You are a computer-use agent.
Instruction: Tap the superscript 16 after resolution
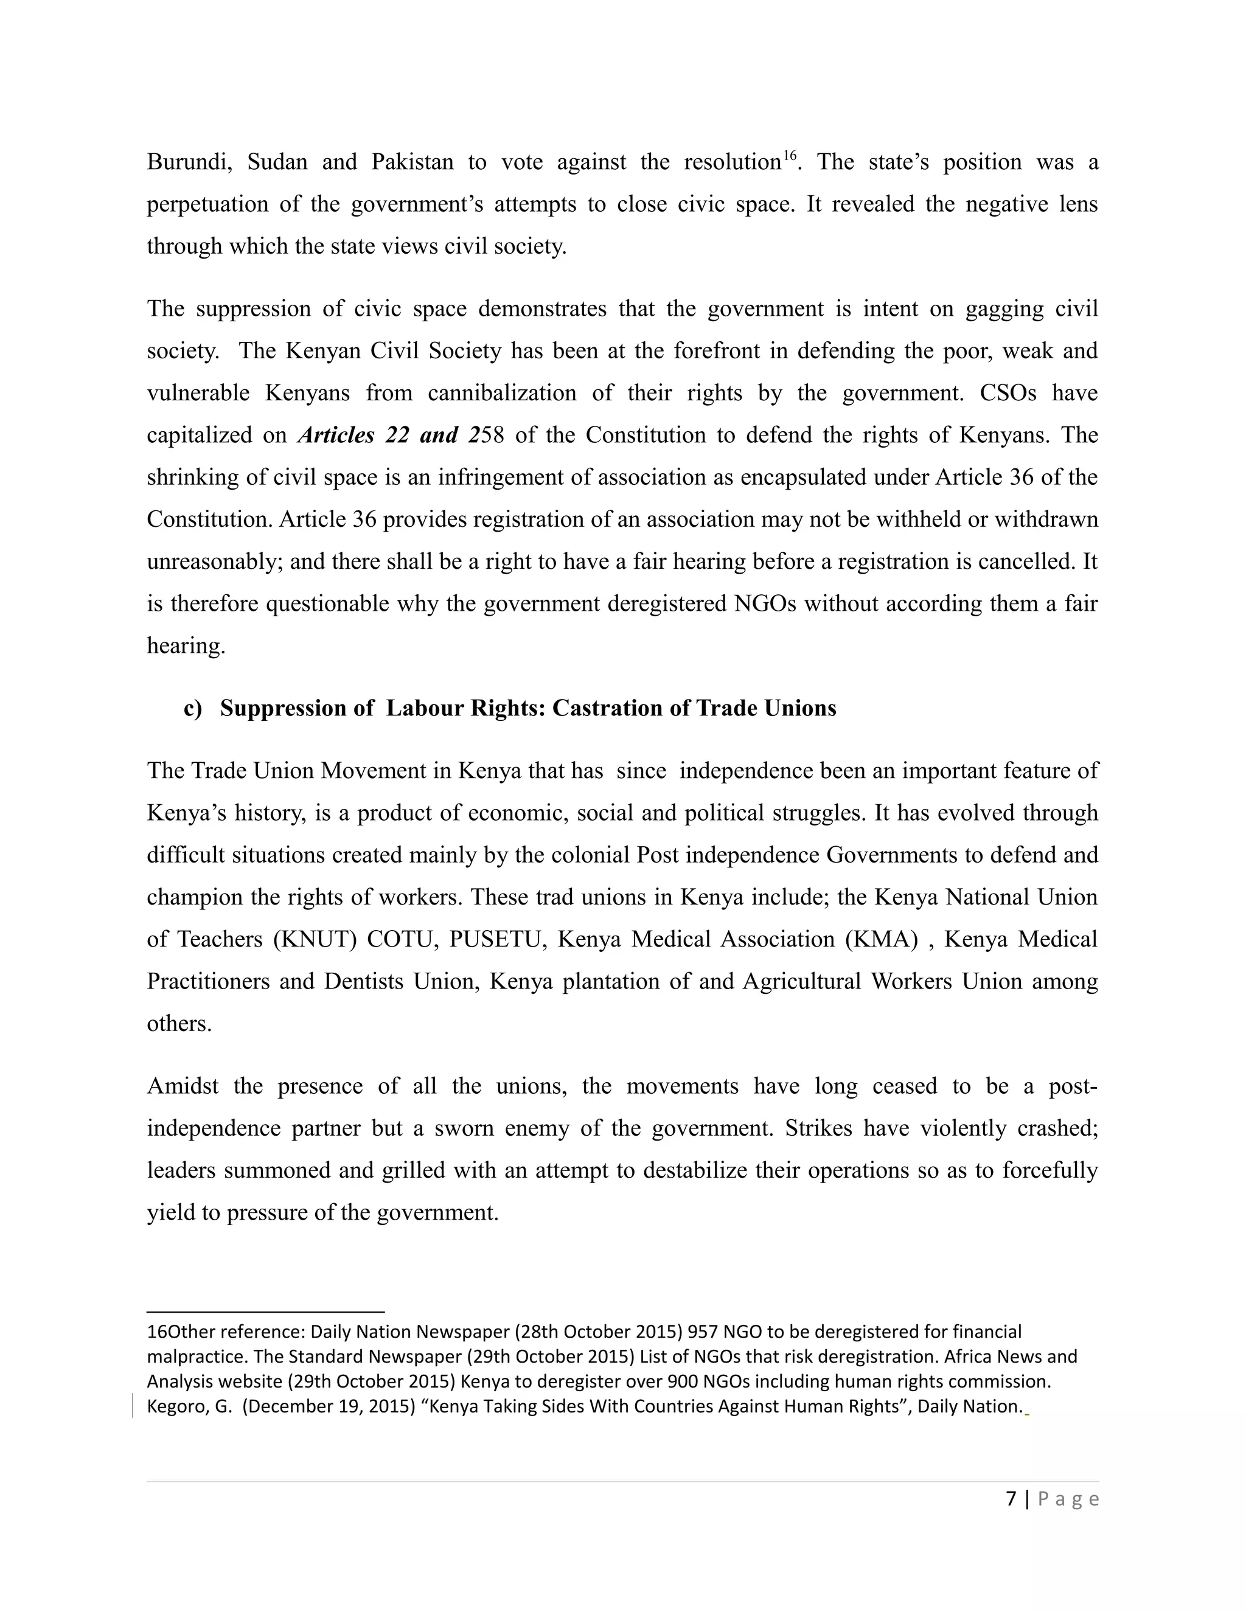[789, 156]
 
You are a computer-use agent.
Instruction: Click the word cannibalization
[502, 393]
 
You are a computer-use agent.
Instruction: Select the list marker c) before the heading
[193, 708]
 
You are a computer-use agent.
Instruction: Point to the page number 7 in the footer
[1011, 1499]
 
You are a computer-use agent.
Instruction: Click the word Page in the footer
[1069, 1499]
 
